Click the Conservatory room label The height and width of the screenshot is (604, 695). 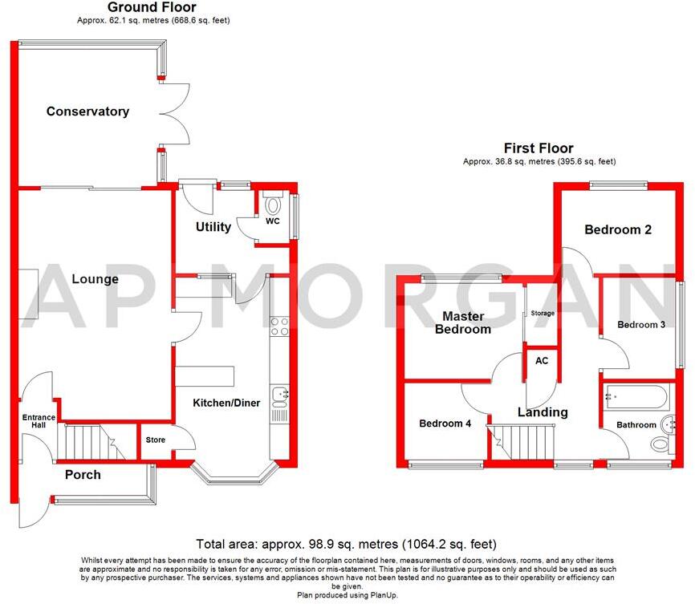pyautogui.click(x=87, y=111)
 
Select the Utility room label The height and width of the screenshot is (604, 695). pyautogui.click(x=213, y=227)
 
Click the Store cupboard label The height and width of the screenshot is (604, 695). pyautogui.click(x=155, y=440)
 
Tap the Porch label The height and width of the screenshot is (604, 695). pyautogui.click(x=83, y=475)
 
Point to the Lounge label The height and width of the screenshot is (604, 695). pyautogui.click(x=95, y=279)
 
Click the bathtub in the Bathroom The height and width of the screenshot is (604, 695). pyautogui.click(x=636, y=396)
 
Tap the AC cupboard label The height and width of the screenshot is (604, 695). pyautogui.click(x=542, y=361)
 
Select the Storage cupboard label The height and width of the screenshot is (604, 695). pyautogui.click(x=542, y=313)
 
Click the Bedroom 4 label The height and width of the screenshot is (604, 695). pyautogui.click(x=445, y=424)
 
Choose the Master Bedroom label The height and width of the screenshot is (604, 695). pyautogui.click(x=461, y=322)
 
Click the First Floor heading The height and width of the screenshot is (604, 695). pyautogui.click(x=539, y=148)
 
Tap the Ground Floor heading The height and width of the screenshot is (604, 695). pyautogui.click(x=152, y=7)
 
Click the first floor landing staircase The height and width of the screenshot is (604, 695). pyautogui.click(x=522, y=443)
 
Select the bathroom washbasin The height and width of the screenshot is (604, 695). pyautogui.click(x=664, y=425)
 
